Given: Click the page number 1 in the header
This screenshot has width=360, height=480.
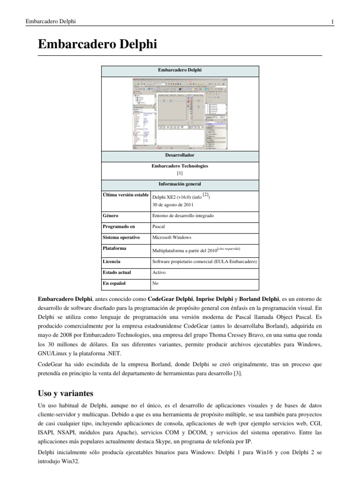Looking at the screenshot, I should (x=332, y=22).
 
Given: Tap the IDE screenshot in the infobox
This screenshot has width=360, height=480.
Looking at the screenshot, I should (x=180, y=113).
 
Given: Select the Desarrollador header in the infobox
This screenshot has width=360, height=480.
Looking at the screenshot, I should (x=180, y=155).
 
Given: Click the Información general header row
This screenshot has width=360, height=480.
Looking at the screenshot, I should (x=180, y=183).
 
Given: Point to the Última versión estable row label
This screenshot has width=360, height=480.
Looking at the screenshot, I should (x=125, y=195).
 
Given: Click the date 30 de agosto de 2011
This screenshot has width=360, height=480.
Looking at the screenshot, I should (x=172, y=205).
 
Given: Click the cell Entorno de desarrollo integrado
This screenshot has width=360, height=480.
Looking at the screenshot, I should (x=183, y=216).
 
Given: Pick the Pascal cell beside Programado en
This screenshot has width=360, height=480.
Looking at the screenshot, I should (x=158, y=226).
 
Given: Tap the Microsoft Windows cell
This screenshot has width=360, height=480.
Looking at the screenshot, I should (x=172, y=238).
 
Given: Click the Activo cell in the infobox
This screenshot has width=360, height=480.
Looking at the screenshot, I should (x=159, y=272).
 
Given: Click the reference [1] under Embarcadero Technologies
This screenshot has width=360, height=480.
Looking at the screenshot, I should (x=180, y=172).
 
